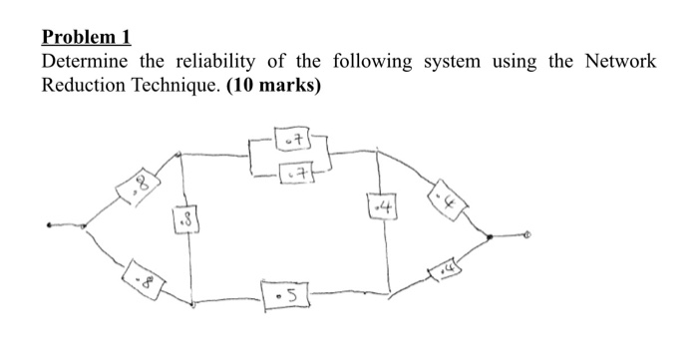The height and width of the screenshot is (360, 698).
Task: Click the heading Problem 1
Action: pos(86,39)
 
